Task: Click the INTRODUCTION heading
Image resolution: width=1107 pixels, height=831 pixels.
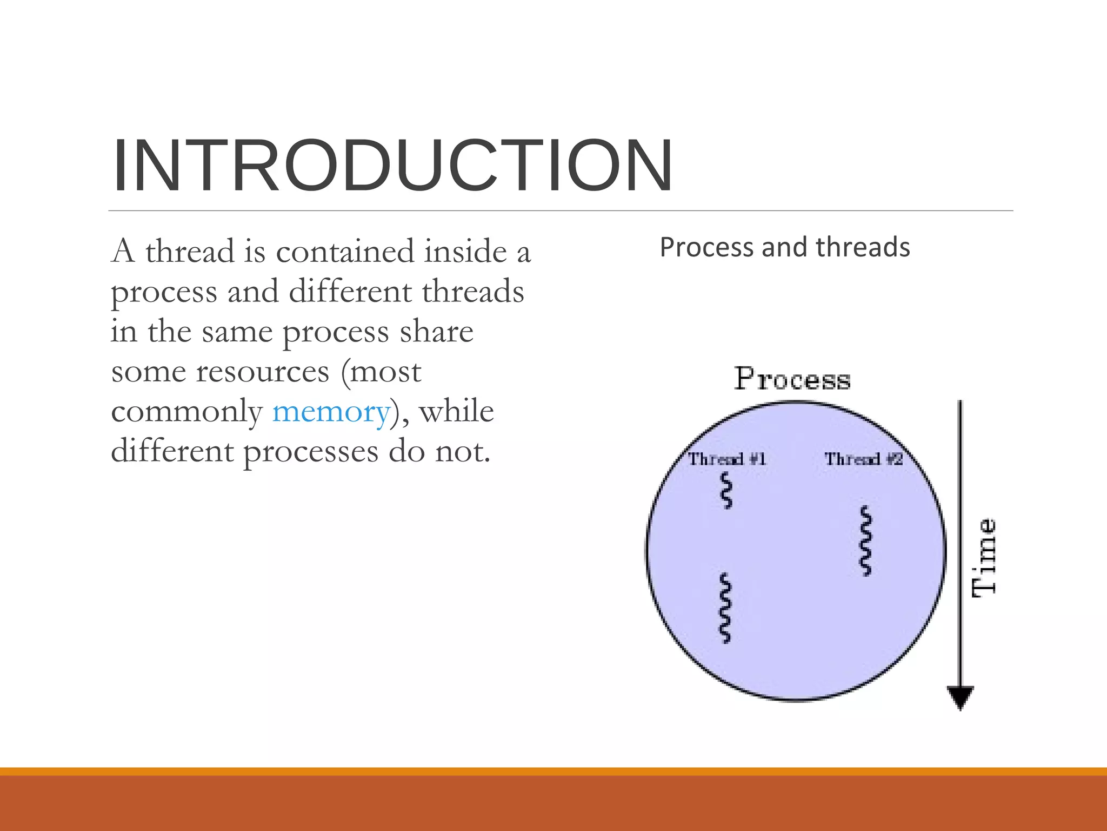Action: (392, 166)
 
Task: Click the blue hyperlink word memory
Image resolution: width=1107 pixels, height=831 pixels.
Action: (331, 412)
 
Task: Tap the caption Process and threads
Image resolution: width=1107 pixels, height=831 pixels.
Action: (785, 247)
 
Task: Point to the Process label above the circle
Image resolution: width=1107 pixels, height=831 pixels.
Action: (792, 379)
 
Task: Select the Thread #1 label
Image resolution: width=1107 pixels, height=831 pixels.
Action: (726, 459)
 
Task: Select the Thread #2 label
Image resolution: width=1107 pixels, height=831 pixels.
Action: (863, 459)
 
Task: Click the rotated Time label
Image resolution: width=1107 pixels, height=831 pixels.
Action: (984, 558)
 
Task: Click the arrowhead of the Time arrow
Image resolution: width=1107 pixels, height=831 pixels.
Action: (960, 697)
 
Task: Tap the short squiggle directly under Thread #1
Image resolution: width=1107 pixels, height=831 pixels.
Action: (727, 490)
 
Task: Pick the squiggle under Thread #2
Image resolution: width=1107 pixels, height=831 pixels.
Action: (866, 540)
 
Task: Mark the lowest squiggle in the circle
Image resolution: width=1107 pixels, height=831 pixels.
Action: (725, 608)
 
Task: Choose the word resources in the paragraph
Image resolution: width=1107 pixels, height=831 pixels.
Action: (263, 372)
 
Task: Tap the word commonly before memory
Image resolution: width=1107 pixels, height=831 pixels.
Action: (186, 412)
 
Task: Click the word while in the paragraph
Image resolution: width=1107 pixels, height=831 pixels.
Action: (456, 412)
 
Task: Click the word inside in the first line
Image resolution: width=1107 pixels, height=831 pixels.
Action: (465, 252)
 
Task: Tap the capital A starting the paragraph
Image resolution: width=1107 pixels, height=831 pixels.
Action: (123, 252)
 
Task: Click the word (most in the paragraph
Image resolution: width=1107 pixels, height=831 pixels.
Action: (381, 372)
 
